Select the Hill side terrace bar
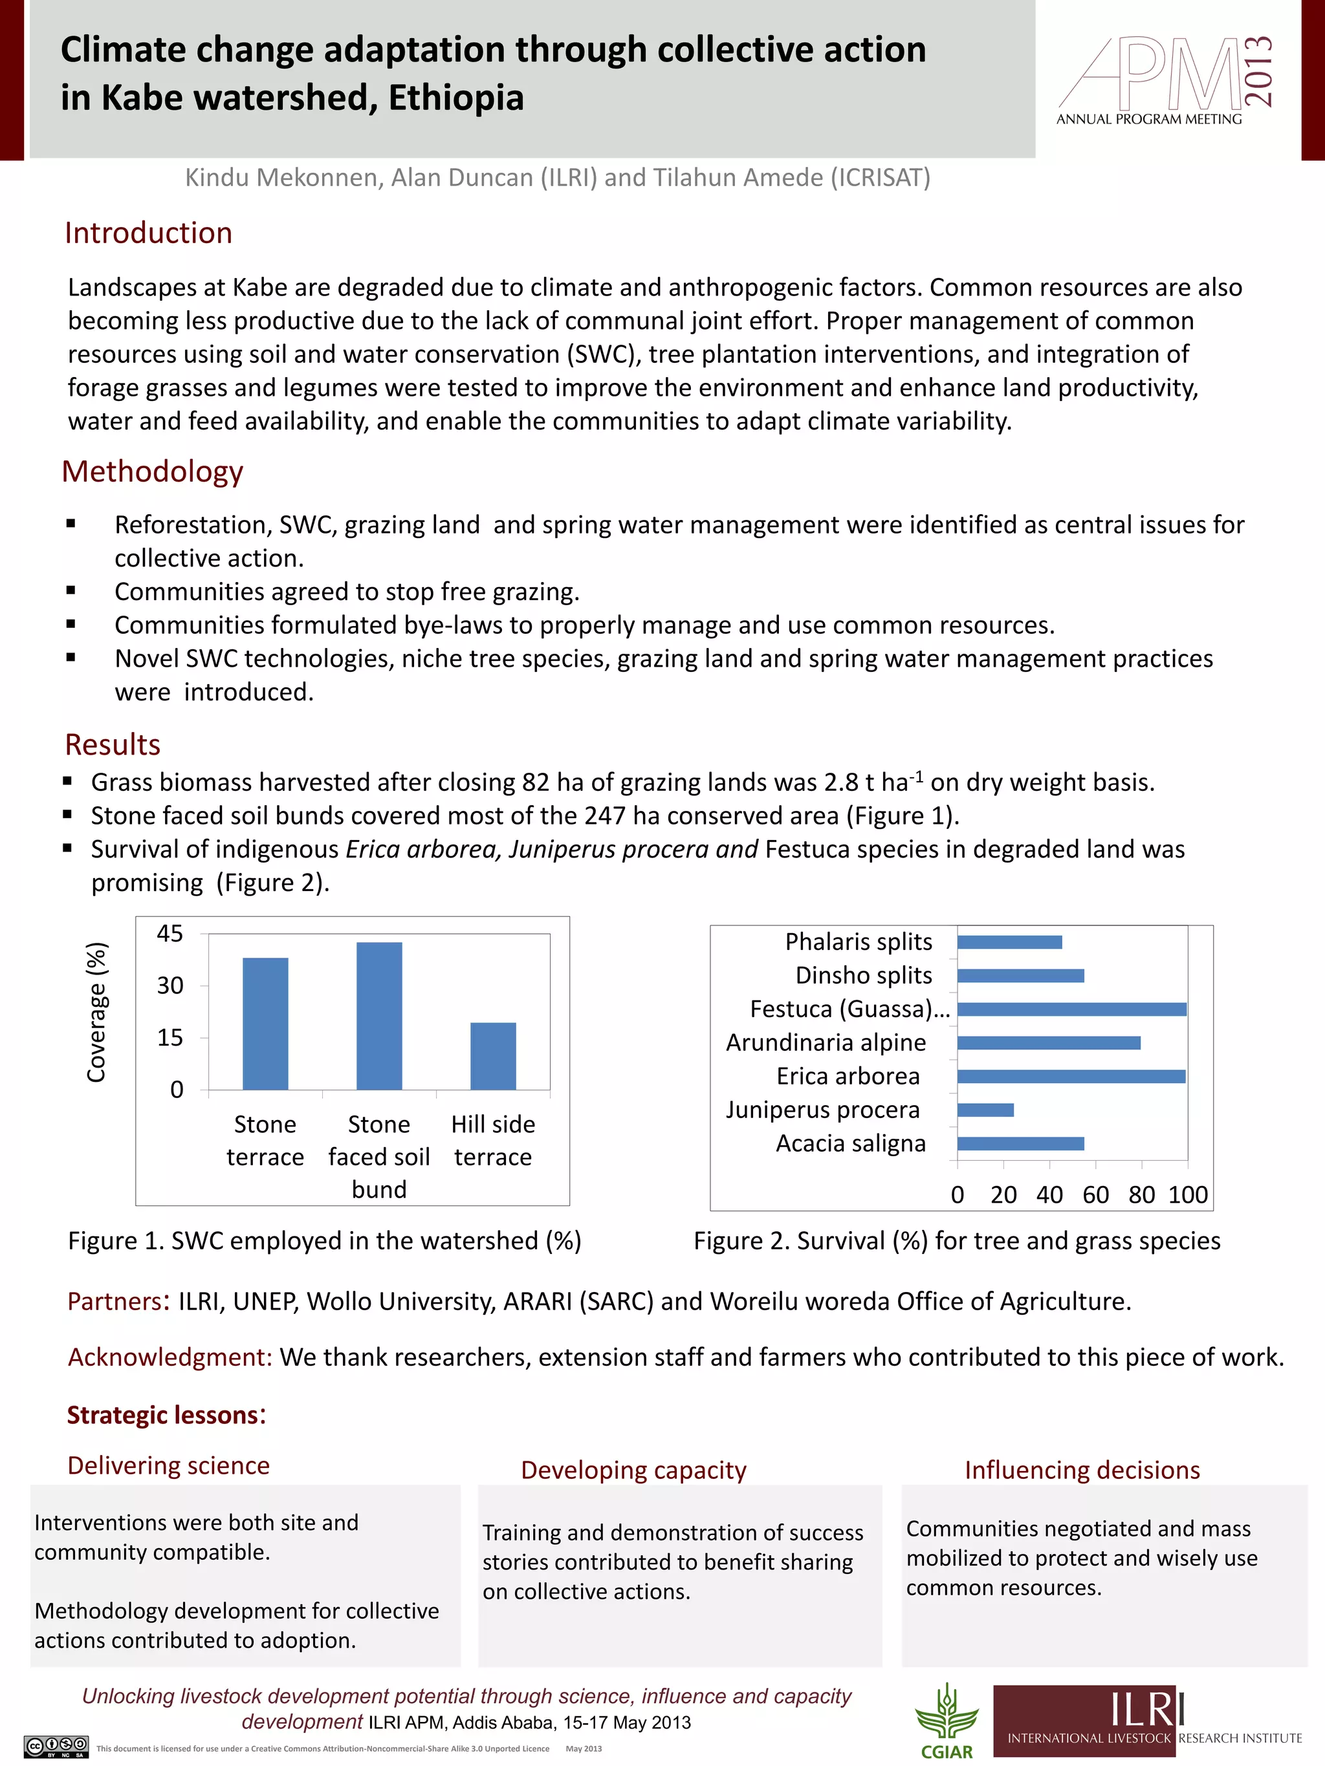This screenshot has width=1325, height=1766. click(x=493, y=1055)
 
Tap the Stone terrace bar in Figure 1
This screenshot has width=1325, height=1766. click(x=265, y=1024)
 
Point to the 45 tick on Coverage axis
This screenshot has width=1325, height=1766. click(x=170, y=933)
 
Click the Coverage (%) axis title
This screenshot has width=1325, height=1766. click(x=96, y=1013)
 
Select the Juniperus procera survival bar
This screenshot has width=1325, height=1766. click(x=985, y=1110)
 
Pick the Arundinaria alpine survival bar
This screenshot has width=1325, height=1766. click(x=1048, y=1042)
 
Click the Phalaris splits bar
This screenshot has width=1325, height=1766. click(x=1009, y=942)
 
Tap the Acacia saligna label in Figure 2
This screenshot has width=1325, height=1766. click(x=851, y=1143)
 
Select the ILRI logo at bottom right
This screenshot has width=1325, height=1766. click(x=1147, y=1721)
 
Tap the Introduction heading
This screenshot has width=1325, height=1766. click(x=149, y=233)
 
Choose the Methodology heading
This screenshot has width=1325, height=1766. click(x=153, y=472)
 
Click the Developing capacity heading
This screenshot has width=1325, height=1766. click(x=633, y=1470)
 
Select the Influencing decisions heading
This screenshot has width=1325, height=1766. click(x=1082, y=1470)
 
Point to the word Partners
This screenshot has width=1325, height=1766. click(x=115, y=1301)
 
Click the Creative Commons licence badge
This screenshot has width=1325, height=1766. click(x=56, y=1747)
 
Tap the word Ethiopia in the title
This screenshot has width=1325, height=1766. click(x=456, y=98)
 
